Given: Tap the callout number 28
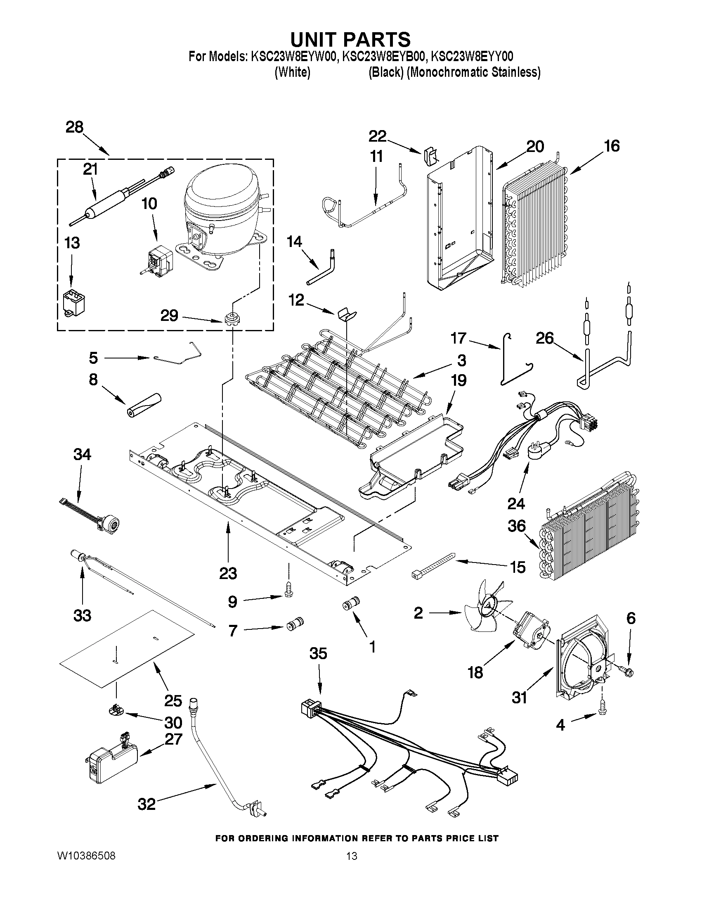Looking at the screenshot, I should click(74, 127).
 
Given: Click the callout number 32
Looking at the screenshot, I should click(147, 804).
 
